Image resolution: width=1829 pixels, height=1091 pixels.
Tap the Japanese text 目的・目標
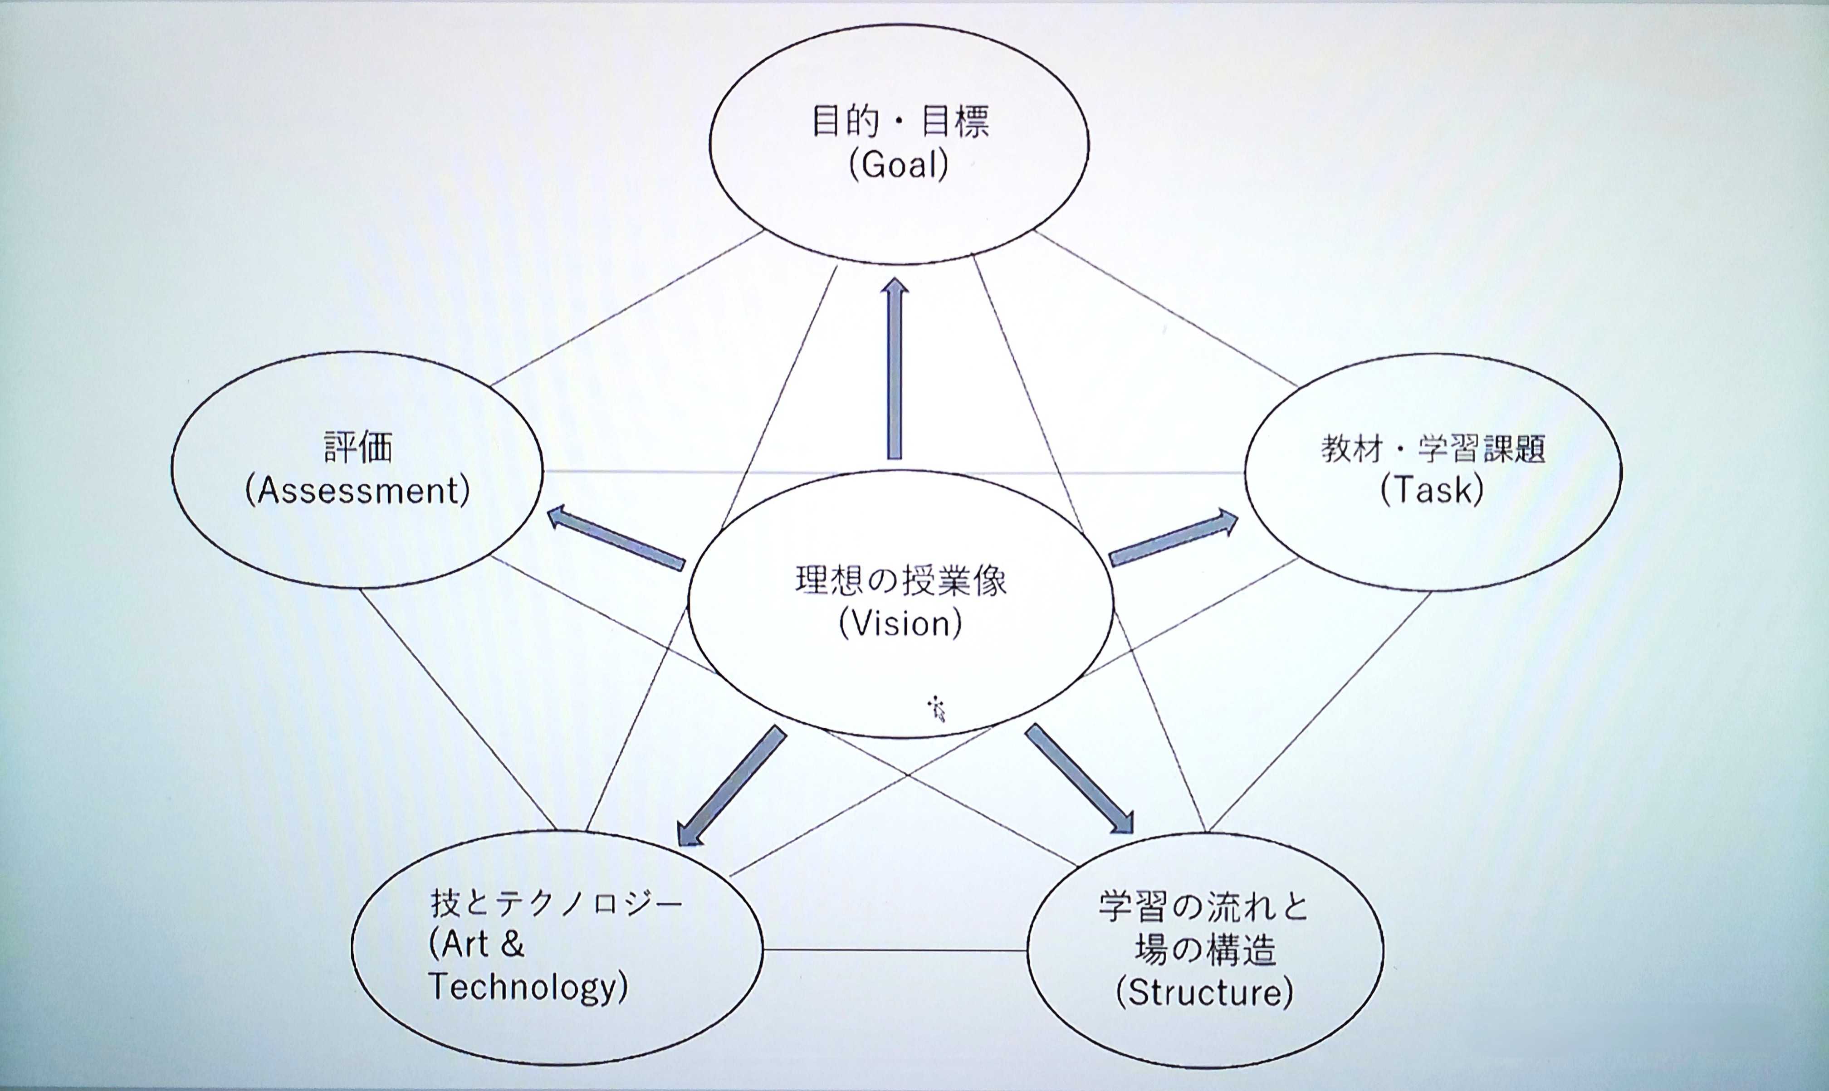[900, 122]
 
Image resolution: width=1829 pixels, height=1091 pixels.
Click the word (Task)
[1431, 490]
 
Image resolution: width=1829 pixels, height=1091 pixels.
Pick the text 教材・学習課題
[1433, 448]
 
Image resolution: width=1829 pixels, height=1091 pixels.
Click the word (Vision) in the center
[900, 624]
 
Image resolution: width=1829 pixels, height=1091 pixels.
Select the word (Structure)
[1204, 993]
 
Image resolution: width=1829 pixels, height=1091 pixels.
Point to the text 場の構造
[1204, 950]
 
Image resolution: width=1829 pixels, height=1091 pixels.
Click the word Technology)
[527, 987]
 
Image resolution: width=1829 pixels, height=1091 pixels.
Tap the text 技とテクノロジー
[557, 904]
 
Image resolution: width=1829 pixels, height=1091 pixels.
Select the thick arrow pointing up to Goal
[894, 368]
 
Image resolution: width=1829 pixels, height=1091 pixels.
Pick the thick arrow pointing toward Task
[1174, 539]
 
